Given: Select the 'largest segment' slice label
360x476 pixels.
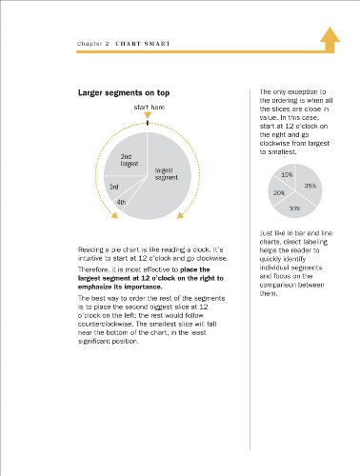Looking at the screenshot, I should point(167,173).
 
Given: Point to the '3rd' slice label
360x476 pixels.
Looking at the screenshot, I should point(113,187).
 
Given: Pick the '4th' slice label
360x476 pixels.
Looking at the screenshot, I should point(121,202).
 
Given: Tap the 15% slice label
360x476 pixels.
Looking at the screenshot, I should point(287,175).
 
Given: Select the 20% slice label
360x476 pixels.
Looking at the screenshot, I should point(278,192).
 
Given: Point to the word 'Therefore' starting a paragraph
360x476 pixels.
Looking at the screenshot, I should point(96,268).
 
